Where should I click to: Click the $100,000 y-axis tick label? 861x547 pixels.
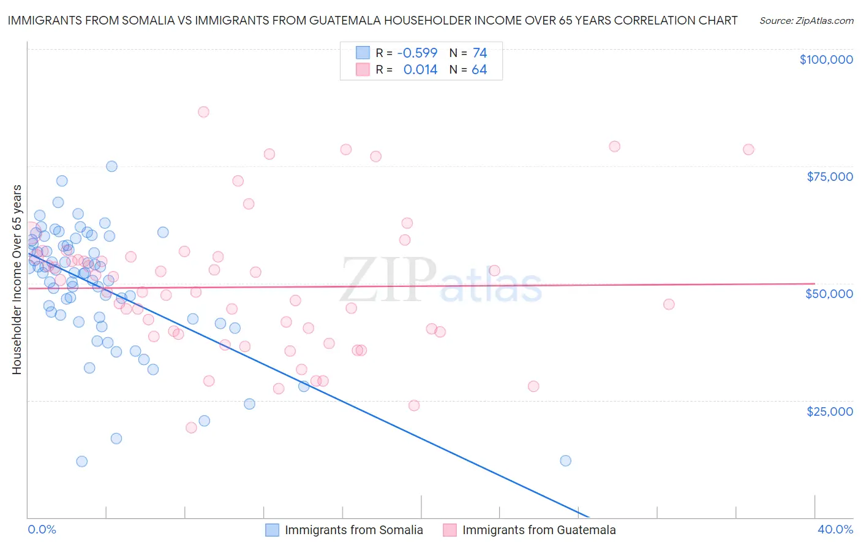tap(825, 59)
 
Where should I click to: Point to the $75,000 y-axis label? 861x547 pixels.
tap(829, 177)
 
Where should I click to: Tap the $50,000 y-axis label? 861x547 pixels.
tap(829, 294)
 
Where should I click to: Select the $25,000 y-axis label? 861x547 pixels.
tap(829, 411)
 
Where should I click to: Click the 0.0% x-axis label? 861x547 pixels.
tap(42, 529)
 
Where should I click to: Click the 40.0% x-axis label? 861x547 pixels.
tap(835, 529)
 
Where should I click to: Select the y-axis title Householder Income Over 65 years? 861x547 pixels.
tap(17, 279)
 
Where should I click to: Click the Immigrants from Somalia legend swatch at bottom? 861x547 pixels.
tap(272, 530)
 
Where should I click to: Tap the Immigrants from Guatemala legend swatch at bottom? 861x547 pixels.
tap(449, 530)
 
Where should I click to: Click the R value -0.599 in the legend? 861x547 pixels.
tap(417, 53)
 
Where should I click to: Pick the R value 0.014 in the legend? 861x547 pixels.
tap(420, 70)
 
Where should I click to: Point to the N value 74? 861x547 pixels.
tap(479, 53)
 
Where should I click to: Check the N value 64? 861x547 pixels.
tap(479, 70)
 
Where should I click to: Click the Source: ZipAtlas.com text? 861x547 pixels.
tap(806, 21)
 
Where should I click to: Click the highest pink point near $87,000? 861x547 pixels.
tap(203, 112)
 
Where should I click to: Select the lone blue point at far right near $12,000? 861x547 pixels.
tap(565, 461)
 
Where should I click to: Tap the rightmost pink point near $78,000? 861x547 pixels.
tap(748, 150)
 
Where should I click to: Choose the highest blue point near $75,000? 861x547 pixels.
tap(111, 166)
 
